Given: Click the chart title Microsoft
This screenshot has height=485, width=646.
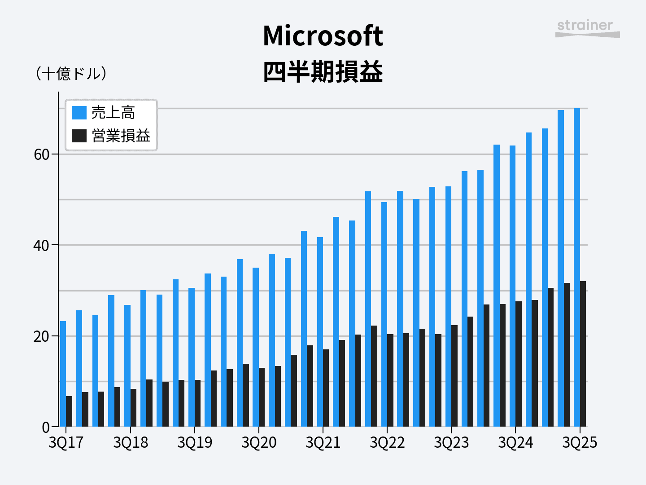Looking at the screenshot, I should (323, 36).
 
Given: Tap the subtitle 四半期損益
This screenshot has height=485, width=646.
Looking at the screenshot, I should (323, 72).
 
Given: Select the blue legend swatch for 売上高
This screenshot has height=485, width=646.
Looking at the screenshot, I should (79, 113).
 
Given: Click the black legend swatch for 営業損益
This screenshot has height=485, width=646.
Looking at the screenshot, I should (79, 136).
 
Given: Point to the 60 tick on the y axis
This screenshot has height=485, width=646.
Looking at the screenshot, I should (42, 154).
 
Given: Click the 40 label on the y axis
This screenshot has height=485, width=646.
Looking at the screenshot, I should (42, 246).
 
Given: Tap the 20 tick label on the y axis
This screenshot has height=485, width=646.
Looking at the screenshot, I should (42, 336).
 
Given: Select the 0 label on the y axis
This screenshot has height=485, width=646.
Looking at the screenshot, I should (46, 428).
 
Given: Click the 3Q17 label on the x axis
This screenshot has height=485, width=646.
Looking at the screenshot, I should (66, 443).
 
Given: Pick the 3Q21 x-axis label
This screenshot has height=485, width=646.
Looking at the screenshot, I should (323, 443).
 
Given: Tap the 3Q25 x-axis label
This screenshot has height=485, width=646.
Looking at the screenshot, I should (580, 443).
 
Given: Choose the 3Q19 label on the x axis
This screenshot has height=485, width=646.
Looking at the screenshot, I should (195, 443).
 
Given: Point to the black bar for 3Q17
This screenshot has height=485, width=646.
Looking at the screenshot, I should (69, 411).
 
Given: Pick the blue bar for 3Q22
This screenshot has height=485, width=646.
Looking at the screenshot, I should (384, 314).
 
